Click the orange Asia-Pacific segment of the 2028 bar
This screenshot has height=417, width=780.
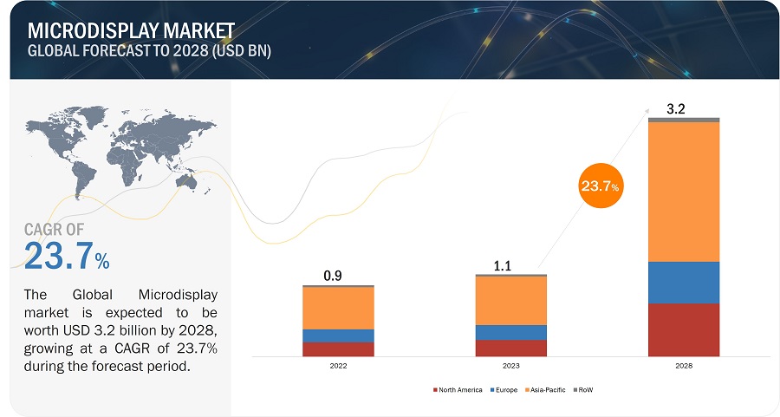click(684, 191)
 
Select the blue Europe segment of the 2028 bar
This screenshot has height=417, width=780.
click(684, 282)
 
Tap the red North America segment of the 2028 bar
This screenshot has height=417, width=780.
click(684, 329)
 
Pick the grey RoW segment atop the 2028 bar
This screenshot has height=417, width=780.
click(684, 120)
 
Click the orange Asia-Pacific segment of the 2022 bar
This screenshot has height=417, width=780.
click(338, 308)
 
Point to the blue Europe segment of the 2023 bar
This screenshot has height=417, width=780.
click(511, 332)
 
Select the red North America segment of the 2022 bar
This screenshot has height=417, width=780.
click(338, 349)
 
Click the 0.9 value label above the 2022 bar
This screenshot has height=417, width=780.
click(332, 276)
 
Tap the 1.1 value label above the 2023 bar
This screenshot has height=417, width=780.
click(504, 267)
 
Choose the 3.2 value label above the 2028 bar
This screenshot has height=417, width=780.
click(676, 109)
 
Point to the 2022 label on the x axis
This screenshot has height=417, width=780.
click(338, 367)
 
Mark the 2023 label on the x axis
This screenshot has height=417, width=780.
click(511, 367)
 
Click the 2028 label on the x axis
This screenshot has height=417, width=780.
click(684, 367)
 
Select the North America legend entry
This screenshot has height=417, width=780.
click(457, 390)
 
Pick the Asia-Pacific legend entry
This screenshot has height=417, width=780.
click(543, 390)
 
